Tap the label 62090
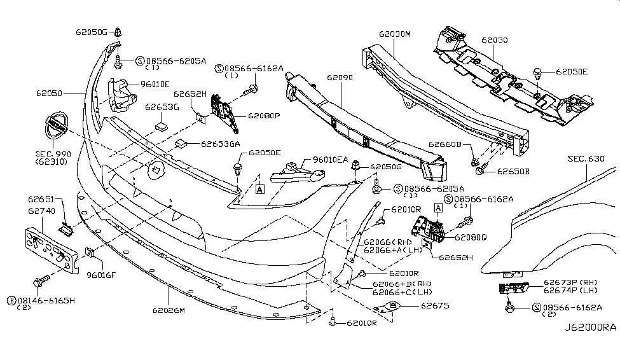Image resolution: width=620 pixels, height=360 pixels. (340, 78)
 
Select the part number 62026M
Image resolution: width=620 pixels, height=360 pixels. (168, 310)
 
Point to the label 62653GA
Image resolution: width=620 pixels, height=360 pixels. (221, 144)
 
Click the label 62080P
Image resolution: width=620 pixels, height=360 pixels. (264, 116)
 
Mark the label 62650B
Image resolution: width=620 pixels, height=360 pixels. (513, 171)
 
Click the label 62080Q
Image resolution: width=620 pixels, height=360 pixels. (470, 237)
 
